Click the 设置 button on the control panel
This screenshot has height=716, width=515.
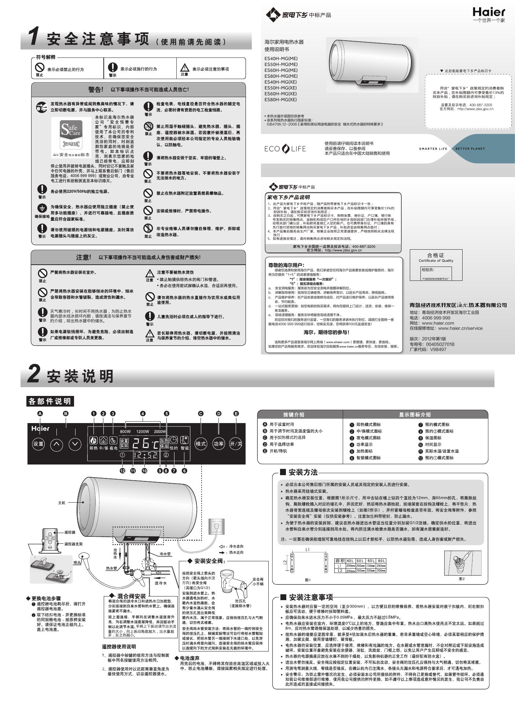click(38, 444)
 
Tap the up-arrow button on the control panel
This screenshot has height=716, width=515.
click(56, 444)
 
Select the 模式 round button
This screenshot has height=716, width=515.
click(201, 444)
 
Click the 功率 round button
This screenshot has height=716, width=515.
click(218, 444)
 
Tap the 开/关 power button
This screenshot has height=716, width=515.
click(236, 444)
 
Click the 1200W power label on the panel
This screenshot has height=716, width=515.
click(143, 432)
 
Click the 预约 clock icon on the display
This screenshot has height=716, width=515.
click(173, 440)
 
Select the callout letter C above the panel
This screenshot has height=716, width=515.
click(201, 414)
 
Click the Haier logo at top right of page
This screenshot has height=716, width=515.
click(489, 12)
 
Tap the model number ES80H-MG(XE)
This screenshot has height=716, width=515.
click(281, 100)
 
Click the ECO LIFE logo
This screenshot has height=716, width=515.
click(285, 149)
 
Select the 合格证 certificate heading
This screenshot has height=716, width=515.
click(435, 255)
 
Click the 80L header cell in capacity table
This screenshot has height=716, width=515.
click(381, 561)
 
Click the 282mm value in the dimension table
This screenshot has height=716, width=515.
click(381, 566)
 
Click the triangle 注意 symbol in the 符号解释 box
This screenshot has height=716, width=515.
click(184, 68)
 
